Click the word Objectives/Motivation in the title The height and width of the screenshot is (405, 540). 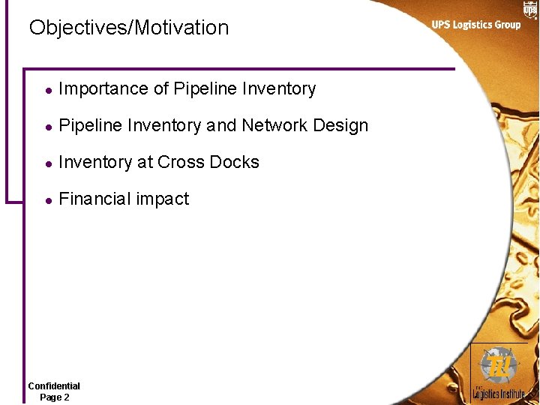click(128, 28)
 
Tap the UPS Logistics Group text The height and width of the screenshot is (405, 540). click(475, 25)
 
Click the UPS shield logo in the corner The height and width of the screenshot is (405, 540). click(530, 9)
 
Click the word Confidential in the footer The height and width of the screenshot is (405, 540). click(54, 385)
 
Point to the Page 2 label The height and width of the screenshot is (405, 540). click(54, 397)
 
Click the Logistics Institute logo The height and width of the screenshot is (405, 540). click(498, 373)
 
